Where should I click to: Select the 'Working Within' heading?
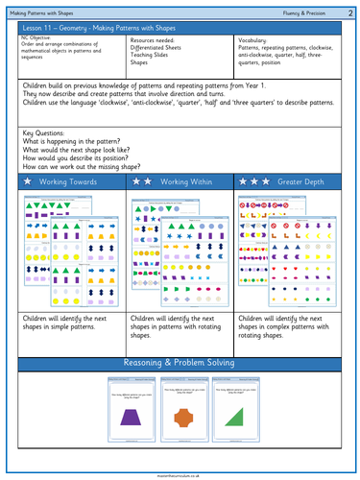coord(188,180)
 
